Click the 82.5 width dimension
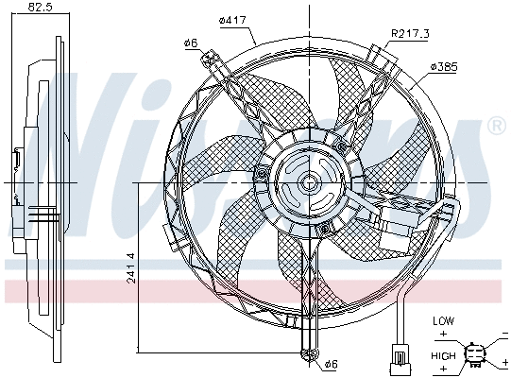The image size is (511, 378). click(39, 8)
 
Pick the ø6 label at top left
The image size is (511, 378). click(189, 42)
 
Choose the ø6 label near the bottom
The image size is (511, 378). click(331, 363)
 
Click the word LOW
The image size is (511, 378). click(443, 321)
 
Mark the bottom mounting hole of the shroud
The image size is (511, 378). click(307, 354)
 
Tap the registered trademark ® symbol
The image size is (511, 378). click(496, 126)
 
